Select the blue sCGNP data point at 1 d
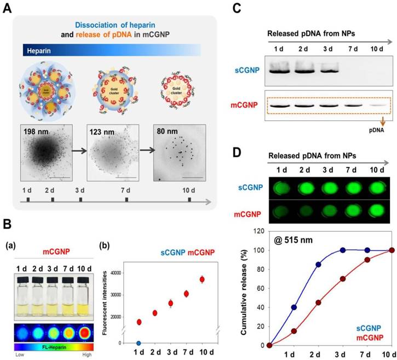(139, 343)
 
